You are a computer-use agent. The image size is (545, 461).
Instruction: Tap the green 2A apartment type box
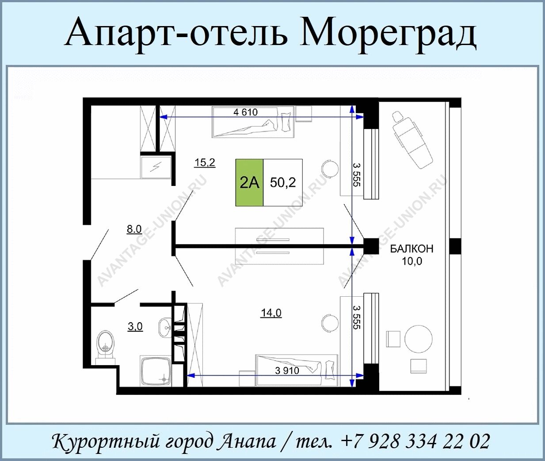point(249,182)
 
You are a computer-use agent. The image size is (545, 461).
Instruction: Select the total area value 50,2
point(283,182)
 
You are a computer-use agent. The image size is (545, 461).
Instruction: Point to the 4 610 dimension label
point(245,113)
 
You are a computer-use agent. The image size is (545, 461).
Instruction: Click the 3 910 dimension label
point(287,371)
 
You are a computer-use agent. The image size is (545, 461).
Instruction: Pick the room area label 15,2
point(205,162)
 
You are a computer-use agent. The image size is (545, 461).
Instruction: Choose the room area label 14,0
point(271,313)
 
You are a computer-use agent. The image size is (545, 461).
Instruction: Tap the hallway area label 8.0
point(134,229)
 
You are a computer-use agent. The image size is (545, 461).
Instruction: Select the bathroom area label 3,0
point(135,327)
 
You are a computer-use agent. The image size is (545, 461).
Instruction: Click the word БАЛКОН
point(412,249)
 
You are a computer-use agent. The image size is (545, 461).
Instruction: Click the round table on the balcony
point(419,339)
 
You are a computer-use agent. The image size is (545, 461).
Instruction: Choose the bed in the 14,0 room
point(297,370)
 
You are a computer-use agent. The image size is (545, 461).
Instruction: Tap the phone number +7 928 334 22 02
point(415,441)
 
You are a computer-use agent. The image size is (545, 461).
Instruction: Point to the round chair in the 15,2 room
point(330,169)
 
